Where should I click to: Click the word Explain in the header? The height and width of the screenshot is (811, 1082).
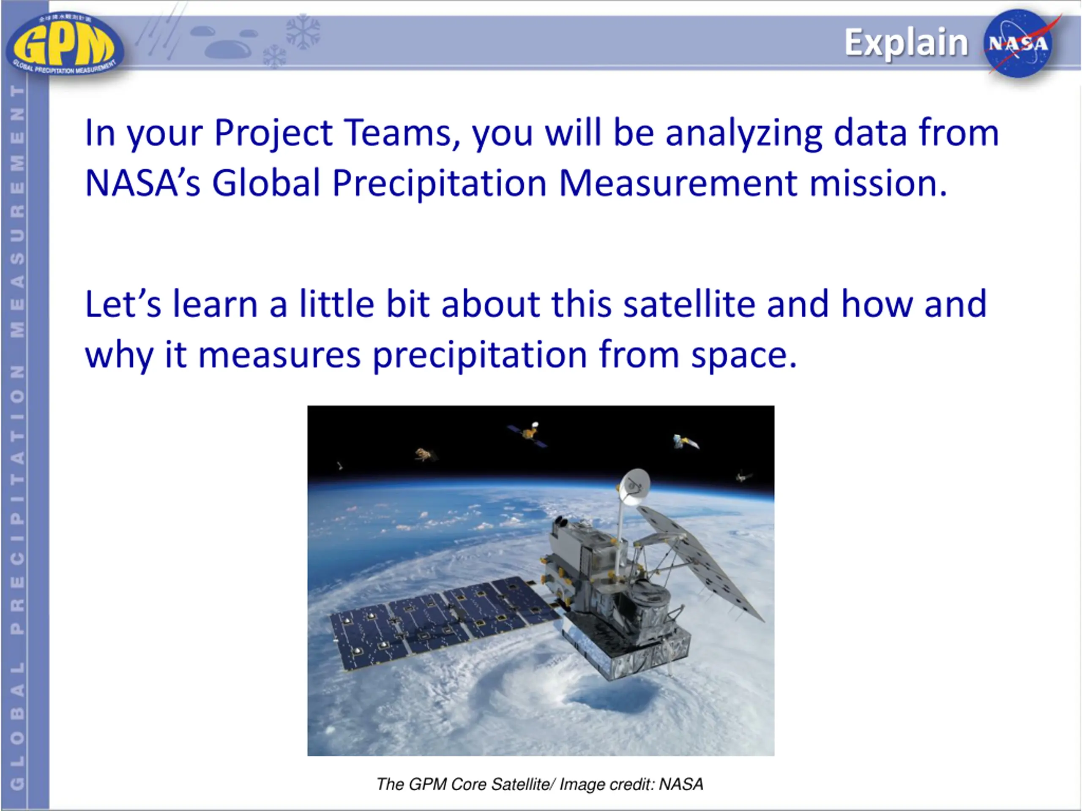point(907,43)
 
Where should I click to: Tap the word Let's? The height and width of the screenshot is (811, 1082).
point(123,304)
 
